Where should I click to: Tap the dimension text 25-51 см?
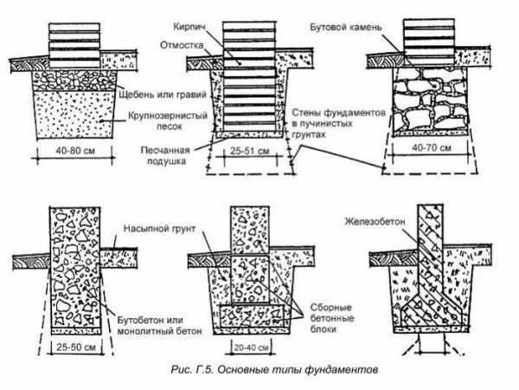[252, 151]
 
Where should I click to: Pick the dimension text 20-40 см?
[251, 346]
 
